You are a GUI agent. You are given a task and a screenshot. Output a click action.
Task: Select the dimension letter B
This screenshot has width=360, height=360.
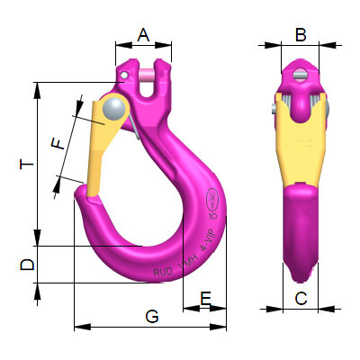point(301,35)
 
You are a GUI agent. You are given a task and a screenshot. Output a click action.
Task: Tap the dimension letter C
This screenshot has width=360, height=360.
point(301,298)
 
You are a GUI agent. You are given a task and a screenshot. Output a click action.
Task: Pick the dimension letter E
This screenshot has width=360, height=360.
point(205,298)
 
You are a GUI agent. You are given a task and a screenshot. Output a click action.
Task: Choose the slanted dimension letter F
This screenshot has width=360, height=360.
point(59,142)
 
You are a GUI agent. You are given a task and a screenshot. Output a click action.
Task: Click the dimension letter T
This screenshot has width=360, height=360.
point(27,165)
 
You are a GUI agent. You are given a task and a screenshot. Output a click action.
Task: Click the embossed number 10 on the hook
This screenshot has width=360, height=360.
point(212,216)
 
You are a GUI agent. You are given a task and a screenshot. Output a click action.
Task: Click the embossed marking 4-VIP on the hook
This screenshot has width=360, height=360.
point(211,241)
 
